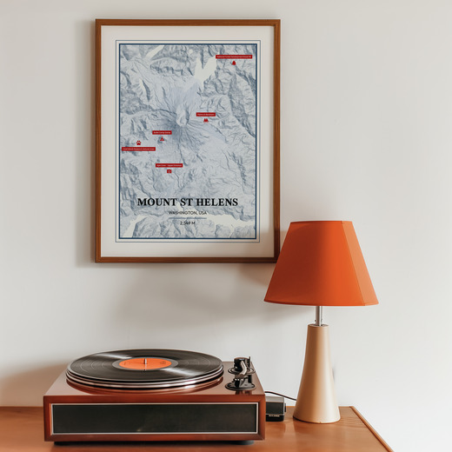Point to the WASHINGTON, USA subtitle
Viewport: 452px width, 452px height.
188,213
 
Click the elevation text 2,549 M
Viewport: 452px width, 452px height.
188,223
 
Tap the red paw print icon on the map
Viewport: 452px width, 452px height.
138,142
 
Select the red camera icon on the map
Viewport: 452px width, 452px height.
169,170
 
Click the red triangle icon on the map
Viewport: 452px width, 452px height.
162,139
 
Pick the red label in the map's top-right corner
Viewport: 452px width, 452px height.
234,56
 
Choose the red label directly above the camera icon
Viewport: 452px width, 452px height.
169,164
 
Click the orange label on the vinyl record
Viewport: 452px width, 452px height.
146,362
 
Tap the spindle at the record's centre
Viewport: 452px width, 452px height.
146,362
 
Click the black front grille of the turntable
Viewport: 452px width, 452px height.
154,418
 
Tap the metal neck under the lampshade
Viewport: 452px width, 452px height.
319,315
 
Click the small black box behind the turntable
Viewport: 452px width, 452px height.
275,409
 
